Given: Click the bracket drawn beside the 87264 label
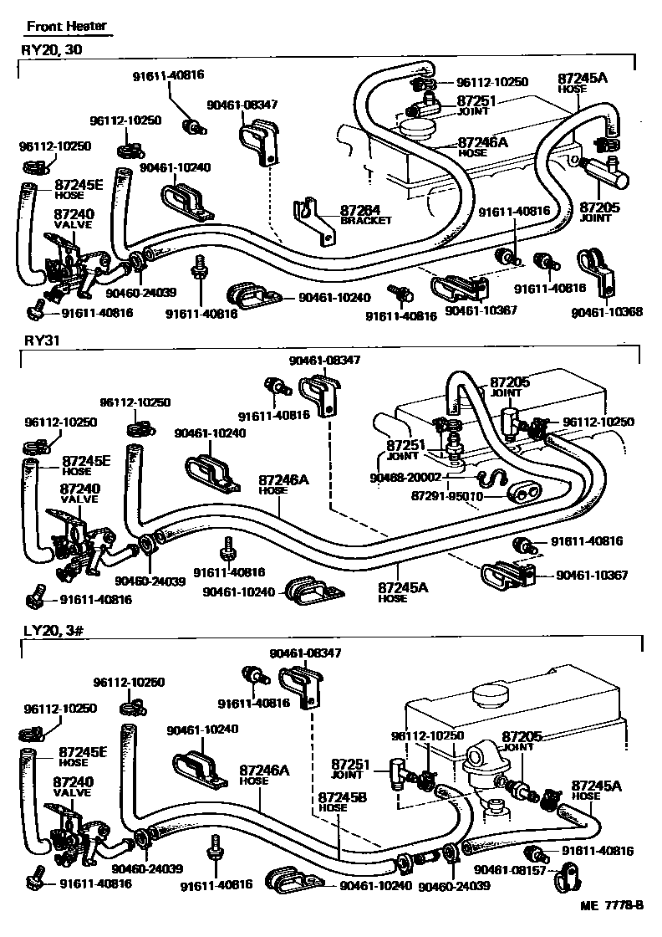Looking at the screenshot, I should [x=313, y=219].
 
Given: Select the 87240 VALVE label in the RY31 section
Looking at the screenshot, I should [x=79, y=493].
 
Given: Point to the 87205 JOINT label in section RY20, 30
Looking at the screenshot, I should [x=595, y=211].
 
